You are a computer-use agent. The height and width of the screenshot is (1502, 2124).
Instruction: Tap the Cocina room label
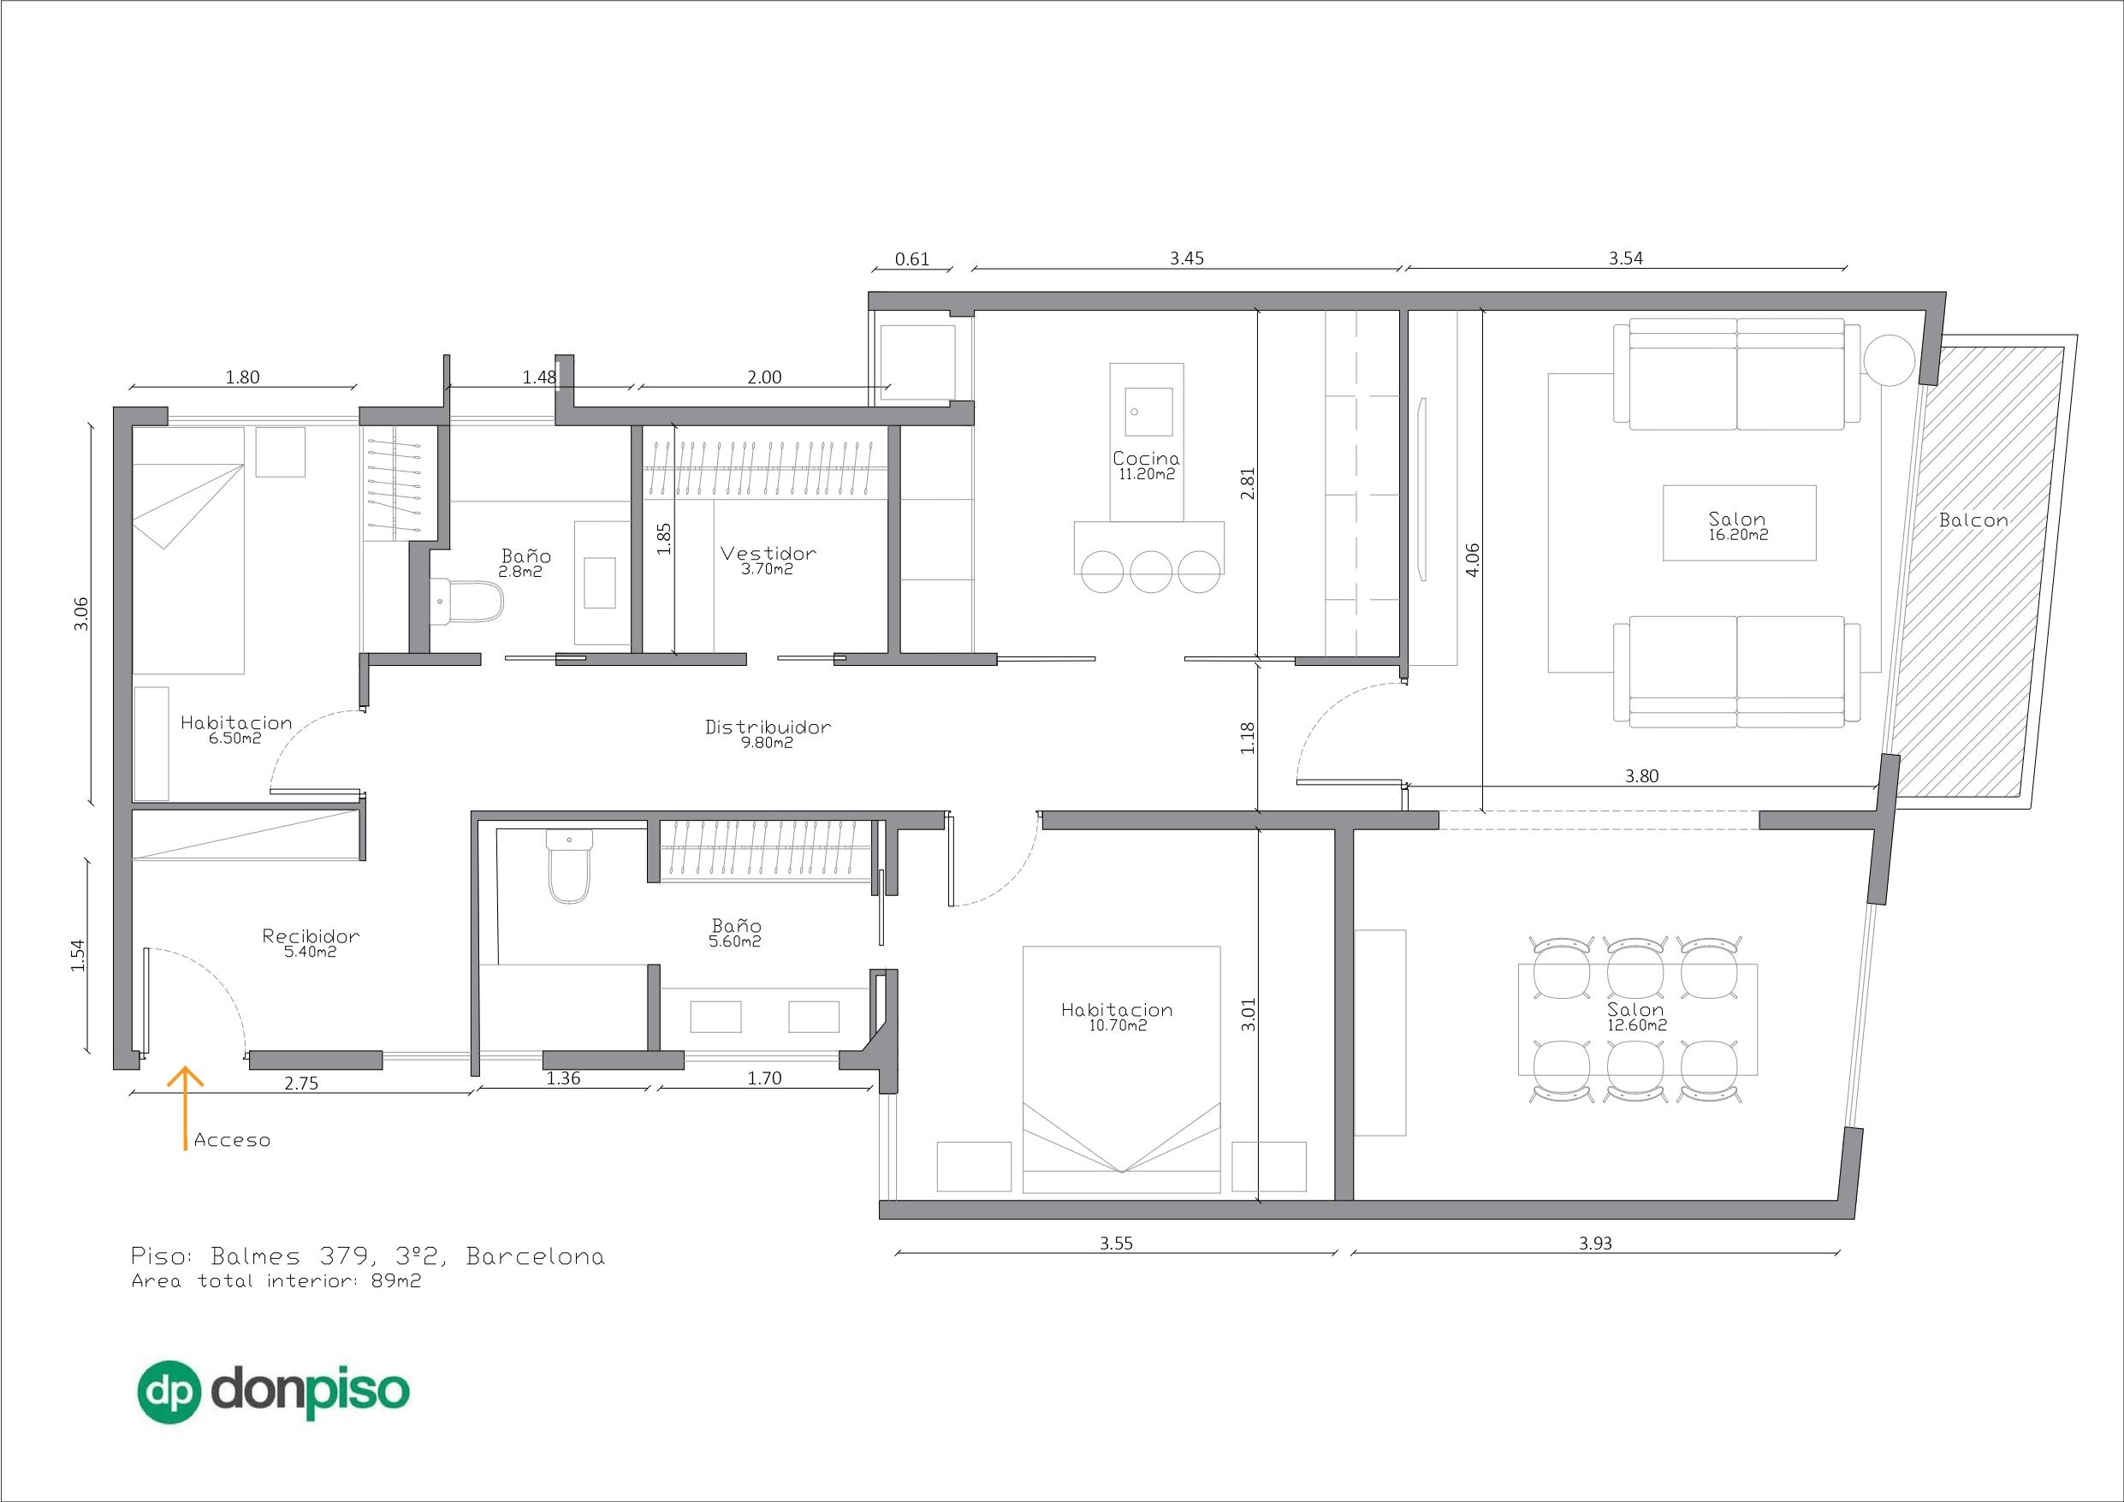point(1145,458)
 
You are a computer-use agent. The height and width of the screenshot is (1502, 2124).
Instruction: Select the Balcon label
point(1973,521)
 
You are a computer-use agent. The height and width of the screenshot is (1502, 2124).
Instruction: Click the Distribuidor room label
point(768,727)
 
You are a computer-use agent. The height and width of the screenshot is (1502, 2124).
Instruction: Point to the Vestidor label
point(768,554)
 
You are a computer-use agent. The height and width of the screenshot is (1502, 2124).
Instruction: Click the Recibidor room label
point(311,935)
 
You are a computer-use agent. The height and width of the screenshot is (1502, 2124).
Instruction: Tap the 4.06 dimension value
point(1474,559)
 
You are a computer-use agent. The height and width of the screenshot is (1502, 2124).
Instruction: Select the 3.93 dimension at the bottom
point(1595,1243)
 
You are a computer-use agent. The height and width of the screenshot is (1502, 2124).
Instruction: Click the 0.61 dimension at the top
point(912,259)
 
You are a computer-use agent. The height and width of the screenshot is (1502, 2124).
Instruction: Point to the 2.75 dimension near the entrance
point(301,1083)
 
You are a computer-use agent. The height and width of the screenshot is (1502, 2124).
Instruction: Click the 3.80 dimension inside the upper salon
point(1641,776)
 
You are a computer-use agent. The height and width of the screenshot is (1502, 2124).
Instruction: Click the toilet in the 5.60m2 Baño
point(568,870)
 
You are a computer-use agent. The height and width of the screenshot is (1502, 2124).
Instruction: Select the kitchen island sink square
point(1148,412)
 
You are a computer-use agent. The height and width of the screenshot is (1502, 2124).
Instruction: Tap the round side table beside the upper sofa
point(1888,360)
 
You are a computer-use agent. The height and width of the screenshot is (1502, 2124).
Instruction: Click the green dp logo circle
point(169,1392)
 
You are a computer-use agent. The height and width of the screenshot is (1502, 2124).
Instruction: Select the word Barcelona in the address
point(536,1256)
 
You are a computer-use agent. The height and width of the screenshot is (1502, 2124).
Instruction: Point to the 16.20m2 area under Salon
point(1737,534)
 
